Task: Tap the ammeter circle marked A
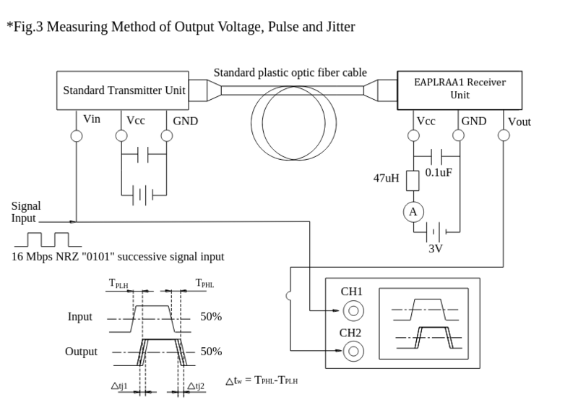[413, 211]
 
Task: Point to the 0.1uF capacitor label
[439, 174]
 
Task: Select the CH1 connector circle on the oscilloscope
[353, 312]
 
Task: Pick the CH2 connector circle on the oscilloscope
[353, 352]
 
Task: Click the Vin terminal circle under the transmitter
[76, 135]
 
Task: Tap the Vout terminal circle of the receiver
[504, 135]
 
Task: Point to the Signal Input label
[26, 211]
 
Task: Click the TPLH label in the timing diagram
[120, 284]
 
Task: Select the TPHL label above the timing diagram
[204, 284]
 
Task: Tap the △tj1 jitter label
[119, 386]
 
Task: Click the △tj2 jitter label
[196, 386]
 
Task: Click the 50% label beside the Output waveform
[210, 352]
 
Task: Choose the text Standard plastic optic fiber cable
[290, 72]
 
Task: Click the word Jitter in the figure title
[338, 27]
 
